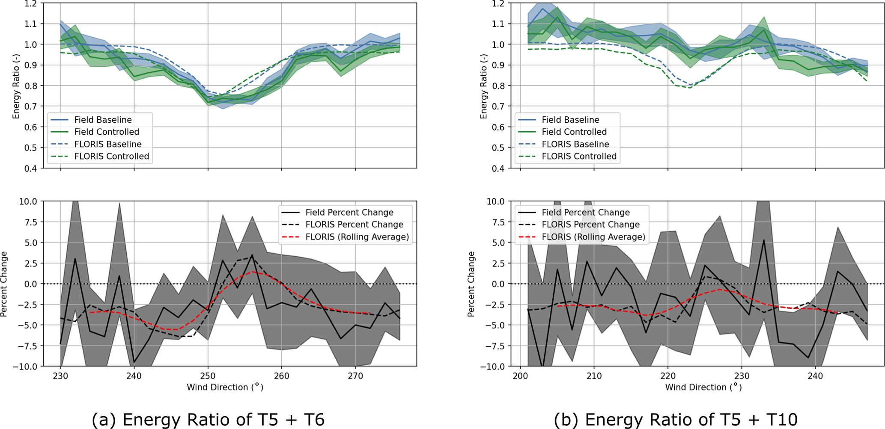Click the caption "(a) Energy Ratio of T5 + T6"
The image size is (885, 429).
tap(208, 420)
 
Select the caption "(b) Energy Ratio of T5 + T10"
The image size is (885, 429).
tap(675, 420)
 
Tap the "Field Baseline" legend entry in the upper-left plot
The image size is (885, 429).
tap(103, 120)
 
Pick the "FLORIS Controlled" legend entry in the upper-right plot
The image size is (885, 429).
tap(579, 157)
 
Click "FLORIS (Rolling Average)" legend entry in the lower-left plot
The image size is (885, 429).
tap(357, 237)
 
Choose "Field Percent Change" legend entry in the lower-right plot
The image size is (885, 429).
tap(586, 213)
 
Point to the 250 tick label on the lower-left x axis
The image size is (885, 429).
tap(208, 376)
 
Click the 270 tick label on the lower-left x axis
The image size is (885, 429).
tap(355, 376)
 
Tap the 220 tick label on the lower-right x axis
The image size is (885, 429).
tap(667, 376)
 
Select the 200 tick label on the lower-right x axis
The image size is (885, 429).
tap(520, 376)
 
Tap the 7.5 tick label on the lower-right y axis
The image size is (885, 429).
tap(498, 222)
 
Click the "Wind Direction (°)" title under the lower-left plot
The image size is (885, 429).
tap(225, 387)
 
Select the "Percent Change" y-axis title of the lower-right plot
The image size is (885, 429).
tap(471, 284)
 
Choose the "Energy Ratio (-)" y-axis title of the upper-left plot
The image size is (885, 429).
tap(16, 86)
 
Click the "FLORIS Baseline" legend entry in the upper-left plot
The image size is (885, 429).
tap(108, 144)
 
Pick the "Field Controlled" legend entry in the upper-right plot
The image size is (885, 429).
tap(574, 132)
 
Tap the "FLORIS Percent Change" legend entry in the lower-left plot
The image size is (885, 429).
tap(354, 225)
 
